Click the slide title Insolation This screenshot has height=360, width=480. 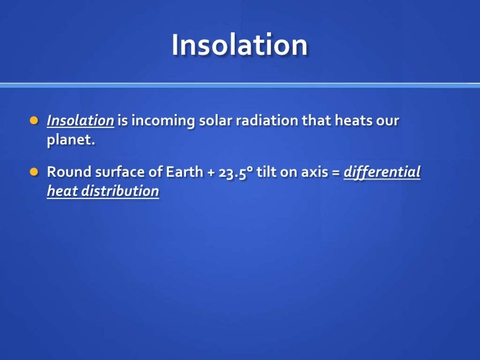pyautogui.click(x=239, y=45)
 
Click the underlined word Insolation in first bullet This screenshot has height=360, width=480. pyautogui.click(x=80, y=122)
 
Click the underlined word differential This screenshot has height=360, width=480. pyautogui.click(x=383, y=173)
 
